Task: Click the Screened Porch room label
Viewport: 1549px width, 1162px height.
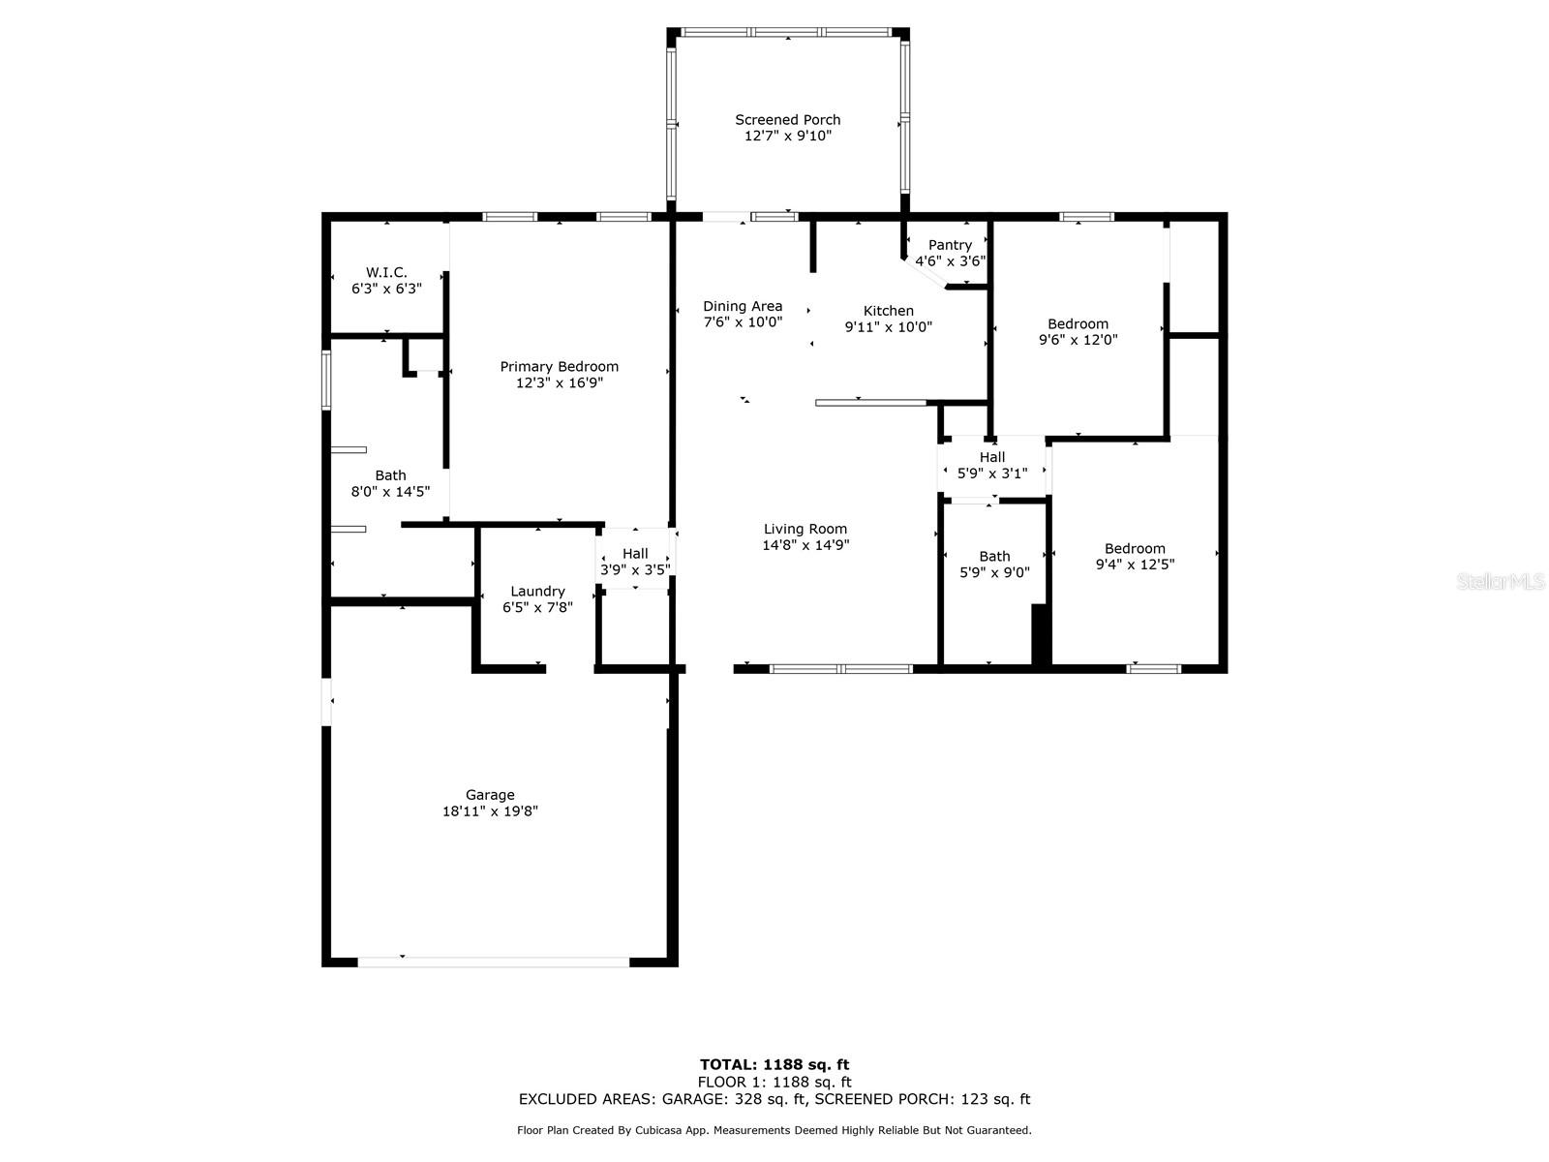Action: coord(787,120)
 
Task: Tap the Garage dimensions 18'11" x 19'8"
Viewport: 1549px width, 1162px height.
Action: coord(490,811)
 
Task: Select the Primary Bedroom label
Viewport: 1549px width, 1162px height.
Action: coord(559,367)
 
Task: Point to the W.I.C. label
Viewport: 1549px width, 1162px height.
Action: coord(386,272)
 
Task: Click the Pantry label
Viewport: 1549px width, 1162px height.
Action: coord(950,246)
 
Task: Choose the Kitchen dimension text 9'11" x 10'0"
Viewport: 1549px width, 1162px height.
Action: coord(889,327)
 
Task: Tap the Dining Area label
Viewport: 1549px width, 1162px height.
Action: coord(743,306)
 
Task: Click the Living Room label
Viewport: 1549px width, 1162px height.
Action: coord(805,529)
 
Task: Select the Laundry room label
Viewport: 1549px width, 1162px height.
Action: coord(537,592)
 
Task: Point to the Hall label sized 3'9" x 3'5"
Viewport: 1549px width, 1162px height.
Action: coord(635,554)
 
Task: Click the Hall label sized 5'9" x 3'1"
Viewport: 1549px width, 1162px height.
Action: coord(992,457)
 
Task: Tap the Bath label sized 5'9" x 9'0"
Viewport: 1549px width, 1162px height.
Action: coord(994,557)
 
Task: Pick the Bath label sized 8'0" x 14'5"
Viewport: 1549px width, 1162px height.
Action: coord(390,475)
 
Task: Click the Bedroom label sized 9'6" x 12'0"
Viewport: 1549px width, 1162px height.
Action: coord(1078,323)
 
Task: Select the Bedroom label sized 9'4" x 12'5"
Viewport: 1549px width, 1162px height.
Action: coord(1135,548)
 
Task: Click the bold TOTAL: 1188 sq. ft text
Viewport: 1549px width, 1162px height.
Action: coord(774,1064)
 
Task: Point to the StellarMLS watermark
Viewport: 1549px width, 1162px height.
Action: coord(1501,581)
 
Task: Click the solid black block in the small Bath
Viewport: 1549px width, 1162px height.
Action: coord(1039,633)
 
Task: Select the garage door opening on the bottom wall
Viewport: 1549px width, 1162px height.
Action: coord(494,962)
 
